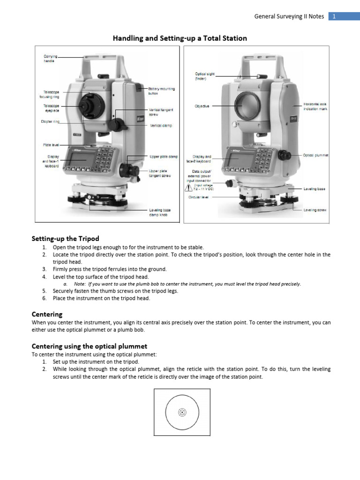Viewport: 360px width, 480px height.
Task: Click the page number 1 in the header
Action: point(334,16)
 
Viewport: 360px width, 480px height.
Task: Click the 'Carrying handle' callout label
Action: point(50,59)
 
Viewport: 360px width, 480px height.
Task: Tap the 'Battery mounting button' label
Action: point(162,91)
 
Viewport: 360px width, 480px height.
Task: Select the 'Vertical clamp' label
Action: point(161,126)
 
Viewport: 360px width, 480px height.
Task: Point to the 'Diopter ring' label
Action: point(50,121)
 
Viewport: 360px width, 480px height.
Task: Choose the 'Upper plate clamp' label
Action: point(164,156)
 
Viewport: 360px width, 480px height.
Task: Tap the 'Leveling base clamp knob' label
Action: point(160,212)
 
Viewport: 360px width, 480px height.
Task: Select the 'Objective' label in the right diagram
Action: point(202,106)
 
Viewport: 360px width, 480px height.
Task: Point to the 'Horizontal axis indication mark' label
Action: point(315,106)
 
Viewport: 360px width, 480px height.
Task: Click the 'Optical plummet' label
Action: point(315,155)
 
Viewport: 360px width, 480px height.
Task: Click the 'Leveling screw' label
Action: point(315,210)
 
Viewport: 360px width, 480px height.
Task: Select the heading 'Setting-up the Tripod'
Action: point(65,239)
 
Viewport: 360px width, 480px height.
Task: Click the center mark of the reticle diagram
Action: point(182,412)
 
